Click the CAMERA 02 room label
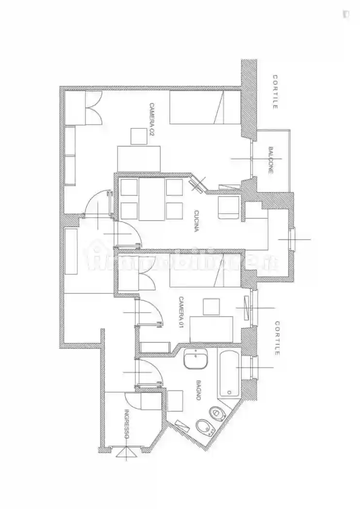[151, 124]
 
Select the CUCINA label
[196, 222]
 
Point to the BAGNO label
[198, 390]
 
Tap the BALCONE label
[271, 160]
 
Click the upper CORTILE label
[275, 92]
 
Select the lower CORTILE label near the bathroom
[277, 338]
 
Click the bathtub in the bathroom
[229, 373]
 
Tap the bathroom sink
[196, 359]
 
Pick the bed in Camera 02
[205, 107]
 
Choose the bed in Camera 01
[205, 270]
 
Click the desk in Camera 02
[139, 159]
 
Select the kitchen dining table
[151, 199]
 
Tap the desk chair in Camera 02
[139, 136]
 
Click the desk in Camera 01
[211, 329]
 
